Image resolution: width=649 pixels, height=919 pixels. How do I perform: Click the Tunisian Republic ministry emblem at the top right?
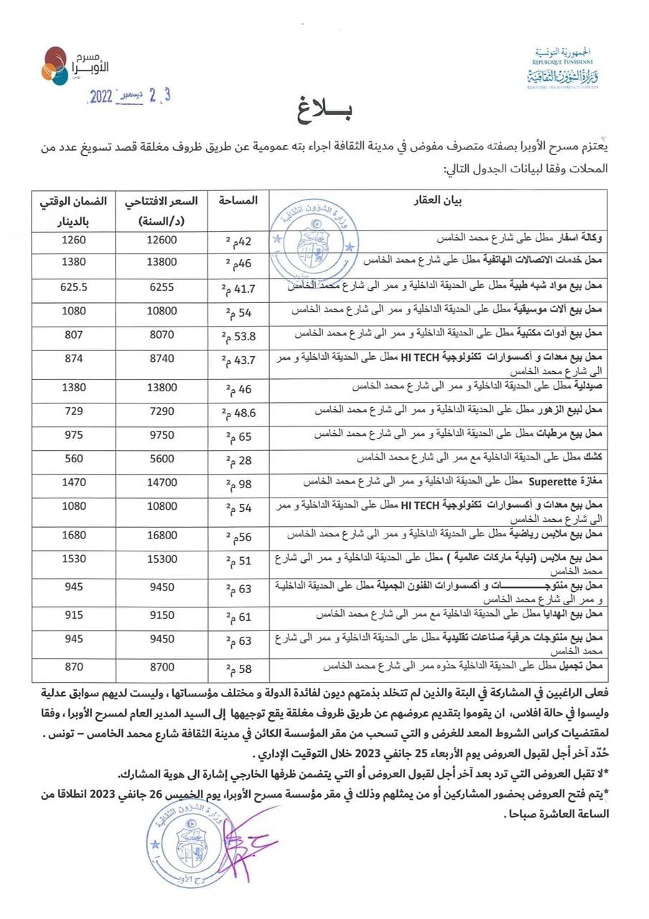(567, 67)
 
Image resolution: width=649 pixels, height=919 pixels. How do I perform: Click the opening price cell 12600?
(162, 238)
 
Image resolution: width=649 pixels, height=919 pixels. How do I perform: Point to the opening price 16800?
(162, 534)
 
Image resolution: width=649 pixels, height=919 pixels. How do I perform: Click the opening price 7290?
(162, 410)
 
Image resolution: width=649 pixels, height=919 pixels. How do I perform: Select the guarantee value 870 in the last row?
(70, 666)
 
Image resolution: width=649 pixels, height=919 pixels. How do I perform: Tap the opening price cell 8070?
(162, 334)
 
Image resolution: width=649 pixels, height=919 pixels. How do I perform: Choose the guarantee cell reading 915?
(70, 615)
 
